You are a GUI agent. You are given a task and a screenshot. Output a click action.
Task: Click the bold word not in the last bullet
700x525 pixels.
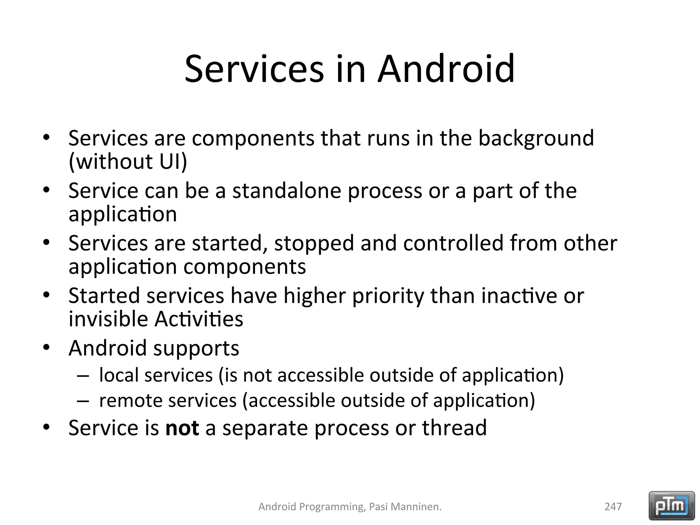182,428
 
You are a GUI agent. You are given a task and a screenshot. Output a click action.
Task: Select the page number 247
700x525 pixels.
613,507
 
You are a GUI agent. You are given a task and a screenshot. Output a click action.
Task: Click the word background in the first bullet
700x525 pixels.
536,138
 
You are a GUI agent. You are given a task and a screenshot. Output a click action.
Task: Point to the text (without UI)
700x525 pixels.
128,161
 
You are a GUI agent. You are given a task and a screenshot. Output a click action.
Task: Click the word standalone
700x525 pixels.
286,191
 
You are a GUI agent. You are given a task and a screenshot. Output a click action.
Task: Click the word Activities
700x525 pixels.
199,319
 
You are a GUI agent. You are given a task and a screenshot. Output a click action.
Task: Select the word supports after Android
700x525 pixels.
196,349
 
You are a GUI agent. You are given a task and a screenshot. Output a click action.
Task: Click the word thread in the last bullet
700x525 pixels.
454,428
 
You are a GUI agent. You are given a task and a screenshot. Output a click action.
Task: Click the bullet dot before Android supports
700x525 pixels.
46,348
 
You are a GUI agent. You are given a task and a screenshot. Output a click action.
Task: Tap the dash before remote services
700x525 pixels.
83,401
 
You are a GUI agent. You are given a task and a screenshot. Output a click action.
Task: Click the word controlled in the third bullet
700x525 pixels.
453,243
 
